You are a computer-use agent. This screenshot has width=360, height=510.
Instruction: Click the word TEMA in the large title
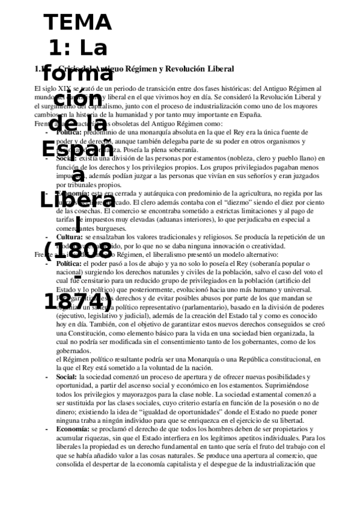point(78,23)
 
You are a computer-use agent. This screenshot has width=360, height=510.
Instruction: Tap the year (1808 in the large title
point(78,251)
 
